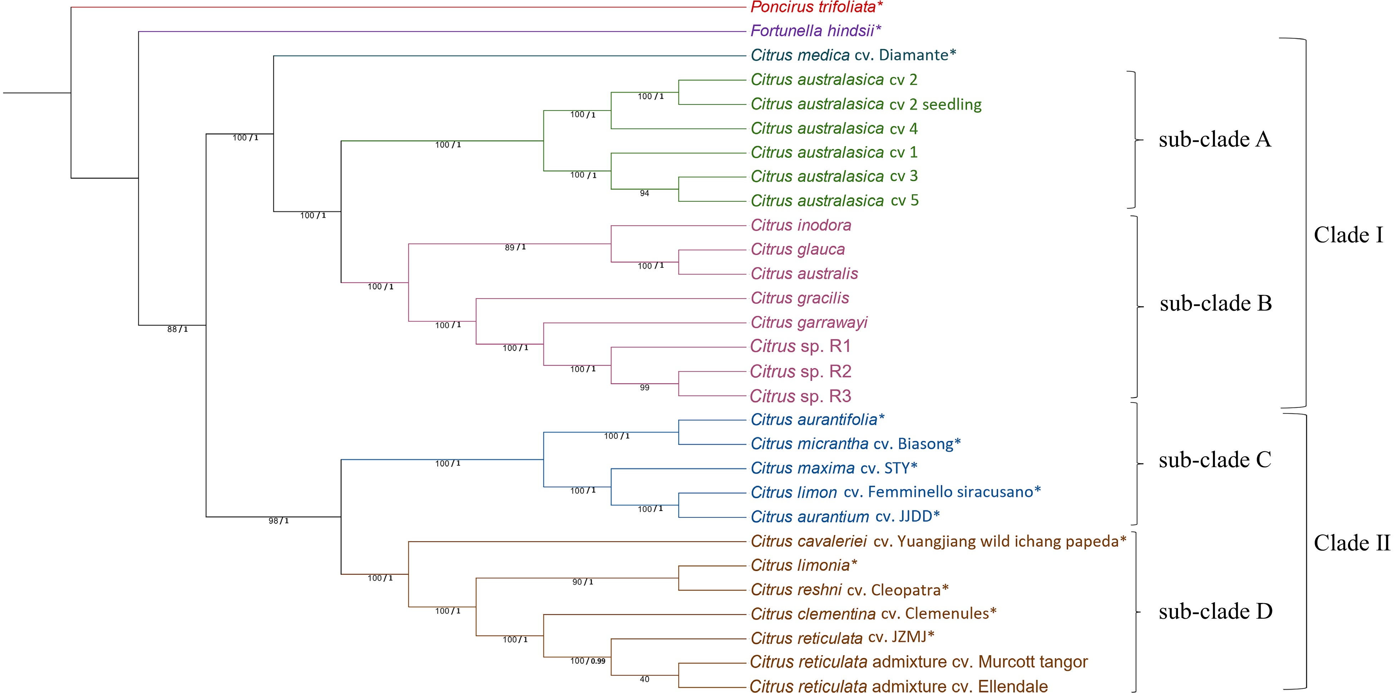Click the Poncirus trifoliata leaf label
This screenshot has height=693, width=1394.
(816, 7)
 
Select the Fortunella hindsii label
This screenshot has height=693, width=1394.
(815, 31)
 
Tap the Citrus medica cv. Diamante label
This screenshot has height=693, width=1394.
(853, 55)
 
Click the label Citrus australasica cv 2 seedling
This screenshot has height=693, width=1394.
(866, 104)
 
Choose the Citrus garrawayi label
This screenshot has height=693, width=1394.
(809, 322)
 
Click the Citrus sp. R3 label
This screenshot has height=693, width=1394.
(800, 396)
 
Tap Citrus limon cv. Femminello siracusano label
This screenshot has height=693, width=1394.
(895, 492)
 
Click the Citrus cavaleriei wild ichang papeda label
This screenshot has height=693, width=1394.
(938, 541)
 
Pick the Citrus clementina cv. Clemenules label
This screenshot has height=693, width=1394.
(873, 614)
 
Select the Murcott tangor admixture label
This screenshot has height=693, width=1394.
(918, 662)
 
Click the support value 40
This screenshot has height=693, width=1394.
(644, 679)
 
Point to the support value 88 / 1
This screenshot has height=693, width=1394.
(177, 329)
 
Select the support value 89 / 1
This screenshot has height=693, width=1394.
(515, 247)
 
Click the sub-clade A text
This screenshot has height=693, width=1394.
(1214, 140)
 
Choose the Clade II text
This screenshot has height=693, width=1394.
(1351, 543)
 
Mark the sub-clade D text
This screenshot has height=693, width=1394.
(1215, 611)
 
